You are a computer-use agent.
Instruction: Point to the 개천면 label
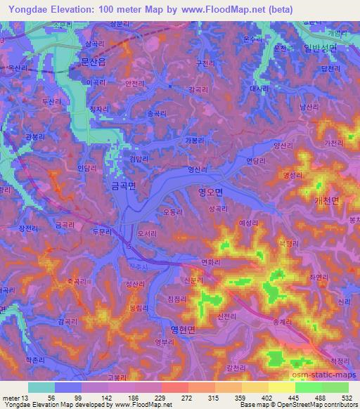(326, 200)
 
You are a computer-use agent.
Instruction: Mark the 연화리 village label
(212, 262)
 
